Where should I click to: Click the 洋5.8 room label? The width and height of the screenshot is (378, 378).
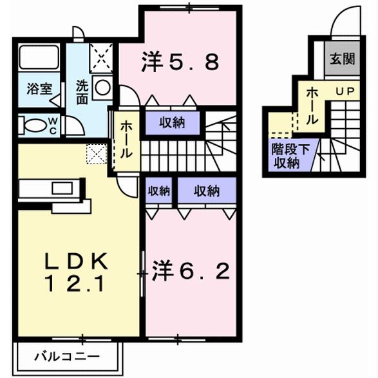181,62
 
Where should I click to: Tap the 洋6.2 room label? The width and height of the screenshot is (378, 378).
190,273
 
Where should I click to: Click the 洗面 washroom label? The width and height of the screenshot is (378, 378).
83,92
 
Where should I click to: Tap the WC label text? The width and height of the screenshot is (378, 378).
53,125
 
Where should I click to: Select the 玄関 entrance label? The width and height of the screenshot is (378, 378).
342,60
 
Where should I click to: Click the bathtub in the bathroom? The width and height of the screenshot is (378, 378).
39,59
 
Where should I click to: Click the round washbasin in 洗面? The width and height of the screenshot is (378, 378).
102,88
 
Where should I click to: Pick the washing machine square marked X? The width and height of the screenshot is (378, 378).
101,57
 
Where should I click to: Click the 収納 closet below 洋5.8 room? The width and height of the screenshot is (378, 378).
173,122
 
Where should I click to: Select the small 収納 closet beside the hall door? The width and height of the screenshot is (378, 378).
158,191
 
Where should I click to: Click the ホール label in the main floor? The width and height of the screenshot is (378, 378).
126,140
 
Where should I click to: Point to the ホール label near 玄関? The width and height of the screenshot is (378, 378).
310,106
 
